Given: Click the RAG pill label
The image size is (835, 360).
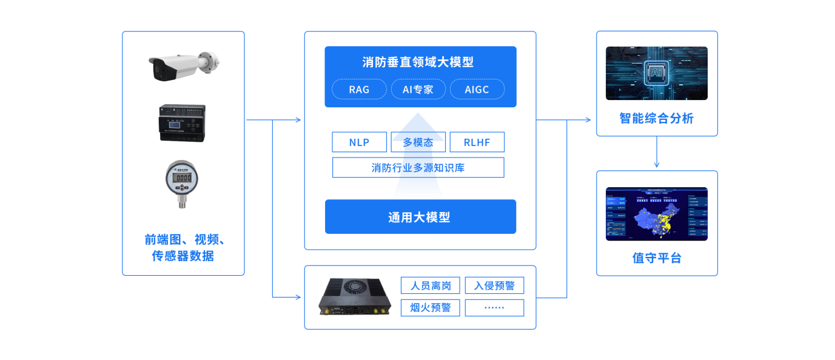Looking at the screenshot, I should click(x=359, y=90).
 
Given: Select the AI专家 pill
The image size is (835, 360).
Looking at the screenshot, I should click(x=418, y=90).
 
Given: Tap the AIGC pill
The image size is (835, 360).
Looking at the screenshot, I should click(x=477, y=90).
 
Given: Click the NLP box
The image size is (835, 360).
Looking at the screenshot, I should click(x=359, y=142).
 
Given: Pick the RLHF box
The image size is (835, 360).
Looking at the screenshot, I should click(x=477, y=142).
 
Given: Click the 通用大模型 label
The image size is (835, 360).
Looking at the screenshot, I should click(x=420, y=217).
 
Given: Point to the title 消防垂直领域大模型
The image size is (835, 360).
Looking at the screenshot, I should click(x=418, y=62).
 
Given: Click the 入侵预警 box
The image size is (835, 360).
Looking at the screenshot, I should click(x=494, y=285).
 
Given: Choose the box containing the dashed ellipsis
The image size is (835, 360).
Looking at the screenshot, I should click(x=494, y=307).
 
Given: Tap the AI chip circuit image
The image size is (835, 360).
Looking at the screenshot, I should click(x=657, y=73).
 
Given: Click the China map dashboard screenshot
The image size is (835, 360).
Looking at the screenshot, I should click(x=657, y=213).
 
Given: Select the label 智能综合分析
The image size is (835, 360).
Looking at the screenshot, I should click(x=657, y=119).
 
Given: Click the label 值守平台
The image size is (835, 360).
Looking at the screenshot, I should click(x=657, y=258).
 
